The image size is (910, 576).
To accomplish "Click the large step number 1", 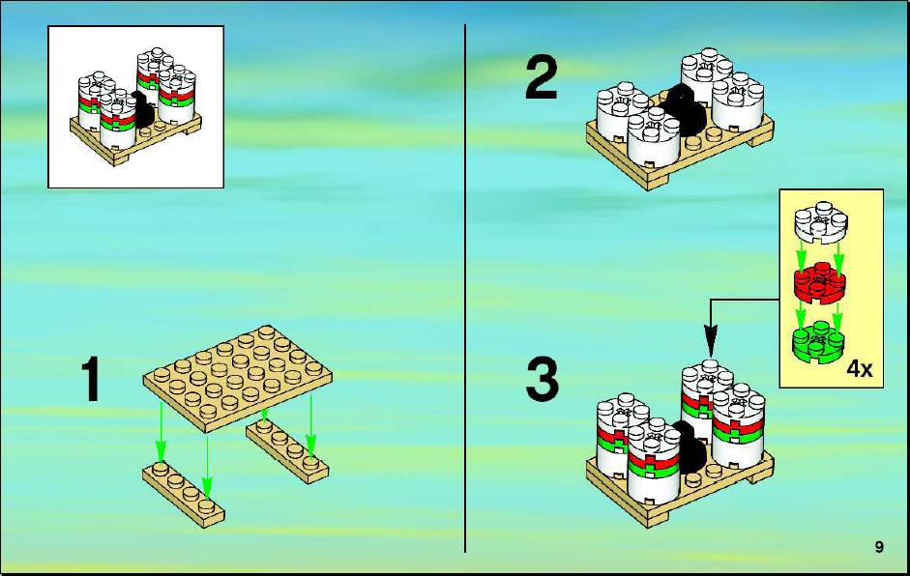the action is [x=91, y=379].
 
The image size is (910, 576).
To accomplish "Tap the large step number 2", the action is [x=542, y=77].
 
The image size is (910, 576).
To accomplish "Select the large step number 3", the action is [x=543, y=380].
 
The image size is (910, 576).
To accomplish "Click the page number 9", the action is [x=879, y=546].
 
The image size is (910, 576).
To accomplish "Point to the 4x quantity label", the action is [x=860, y=368].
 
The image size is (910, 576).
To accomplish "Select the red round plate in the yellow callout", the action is [x=820, y=282].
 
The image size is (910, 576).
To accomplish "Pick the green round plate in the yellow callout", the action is [x=819, y=342].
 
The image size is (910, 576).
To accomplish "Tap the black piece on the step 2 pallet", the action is [x=685, y=110].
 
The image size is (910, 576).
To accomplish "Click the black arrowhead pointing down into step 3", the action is [x=711, y=339].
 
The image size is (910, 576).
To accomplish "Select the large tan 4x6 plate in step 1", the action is [x=237, y=378].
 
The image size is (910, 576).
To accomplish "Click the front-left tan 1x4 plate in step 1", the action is [x=184, y=494].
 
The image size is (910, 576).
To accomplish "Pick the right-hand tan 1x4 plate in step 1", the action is [x=287, y=449].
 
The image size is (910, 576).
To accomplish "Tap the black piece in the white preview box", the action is [x=143, y=109].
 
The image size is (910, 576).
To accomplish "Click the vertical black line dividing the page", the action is [x=465, y=288].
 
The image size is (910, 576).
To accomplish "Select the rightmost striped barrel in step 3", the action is [x=738, y=426].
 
